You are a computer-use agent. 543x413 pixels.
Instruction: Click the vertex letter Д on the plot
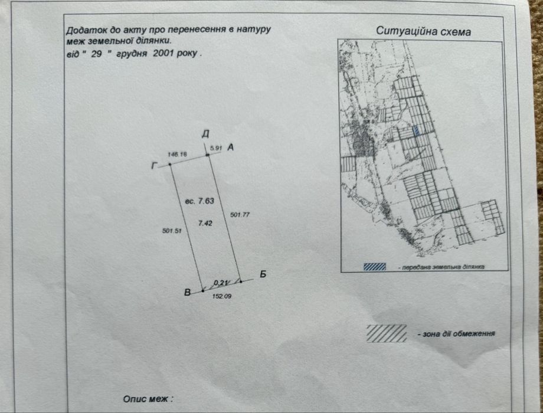point(206,134)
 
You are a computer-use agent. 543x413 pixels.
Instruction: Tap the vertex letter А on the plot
point(231,147)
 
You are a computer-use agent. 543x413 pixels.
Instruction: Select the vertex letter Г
point(155,166)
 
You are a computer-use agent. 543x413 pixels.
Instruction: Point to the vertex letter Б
point(263,274)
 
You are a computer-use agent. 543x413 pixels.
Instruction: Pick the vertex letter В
point(187,293)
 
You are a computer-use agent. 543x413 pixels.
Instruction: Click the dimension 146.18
point(177,155)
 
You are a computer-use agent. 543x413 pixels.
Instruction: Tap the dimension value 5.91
point(216,148)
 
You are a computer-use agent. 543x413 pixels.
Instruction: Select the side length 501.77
point(240,215)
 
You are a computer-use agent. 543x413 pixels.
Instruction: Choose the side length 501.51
point(172,231)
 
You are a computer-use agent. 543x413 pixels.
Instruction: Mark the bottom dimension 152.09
point(222,296)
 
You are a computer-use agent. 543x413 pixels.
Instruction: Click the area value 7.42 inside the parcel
point(205,223)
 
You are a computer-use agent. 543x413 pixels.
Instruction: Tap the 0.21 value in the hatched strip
point(220,283)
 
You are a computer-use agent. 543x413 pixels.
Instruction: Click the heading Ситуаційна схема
point(424,31)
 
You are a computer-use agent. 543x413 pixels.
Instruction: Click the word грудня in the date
point(132,54)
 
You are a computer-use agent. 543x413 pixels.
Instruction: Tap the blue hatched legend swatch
point(375,267)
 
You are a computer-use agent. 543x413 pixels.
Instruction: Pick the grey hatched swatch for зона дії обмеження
point(387,333)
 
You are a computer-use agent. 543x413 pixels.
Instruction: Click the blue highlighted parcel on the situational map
point(416,130)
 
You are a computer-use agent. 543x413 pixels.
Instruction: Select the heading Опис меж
point(148,399)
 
